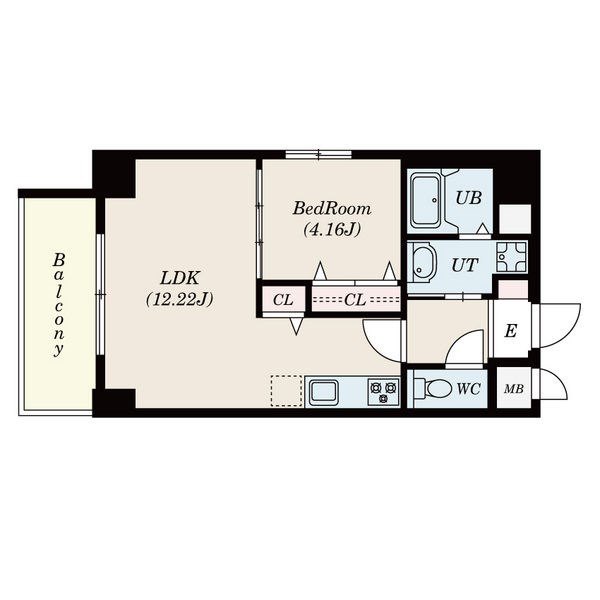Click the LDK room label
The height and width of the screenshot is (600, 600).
pyautogui.click(x=180, y=278)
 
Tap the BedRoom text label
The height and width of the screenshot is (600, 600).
pyautogui.click(x=332, y=209)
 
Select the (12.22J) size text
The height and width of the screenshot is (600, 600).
pyautogui.click(x=179, y=299)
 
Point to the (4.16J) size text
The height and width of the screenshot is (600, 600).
pyautogui.click(x=332, y=230)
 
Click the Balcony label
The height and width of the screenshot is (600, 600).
pyautogui.click(x=59, y=305)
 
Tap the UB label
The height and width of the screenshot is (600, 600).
pyautogui.click(x=468, y=198)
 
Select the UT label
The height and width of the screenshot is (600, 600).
pyautogui.click(x=465, y=265)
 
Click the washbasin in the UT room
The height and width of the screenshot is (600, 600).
pyautogui.click(x=422, y=263)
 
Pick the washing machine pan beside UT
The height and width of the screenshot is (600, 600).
pyautogui.click(x=511, y=257)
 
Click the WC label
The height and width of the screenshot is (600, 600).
pyautogui.click(x=468, y=389)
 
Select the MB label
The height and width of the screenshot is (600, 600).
pyautogui.click(x=514, y=389)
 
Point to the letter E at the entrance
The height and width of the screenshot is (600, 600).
pyautogui.click(x=511, y=331)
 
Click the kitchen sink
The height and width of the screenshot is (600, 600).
pyautogui.click(x=324, y=392)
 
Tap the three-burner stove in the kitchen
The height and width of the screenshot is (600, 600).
pyautogui.click(x=383, y=392)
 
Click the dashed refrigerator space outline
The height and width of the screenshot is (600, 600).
pyautogui.click(x=287, y=391)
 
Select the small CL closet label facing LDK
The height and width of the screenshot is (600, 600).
pyautogui.click(x=283, y=300)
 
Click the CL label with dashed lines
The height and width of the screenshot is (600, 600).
pyautogui.click(x=355, y=300)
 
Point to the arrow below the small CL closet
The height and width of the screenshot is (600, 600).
pyautogui.click(x=297, y=326)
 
